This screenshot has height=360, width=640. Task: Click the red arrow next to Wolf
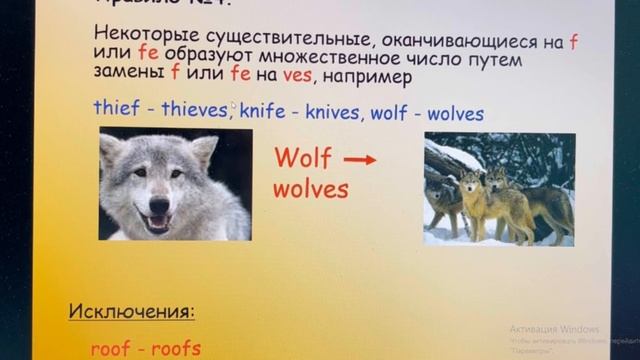(x=360, y=159)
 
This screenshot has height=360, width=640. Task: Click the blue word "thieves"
(x=193, y=110)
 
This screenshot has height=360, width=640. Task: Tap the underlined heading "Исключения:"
(x=132, y=311)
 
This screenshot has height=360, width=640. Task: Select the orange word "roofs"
(x=179, y=348)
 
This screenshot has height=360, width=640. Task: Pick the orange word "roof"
(x=111, y=348)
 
